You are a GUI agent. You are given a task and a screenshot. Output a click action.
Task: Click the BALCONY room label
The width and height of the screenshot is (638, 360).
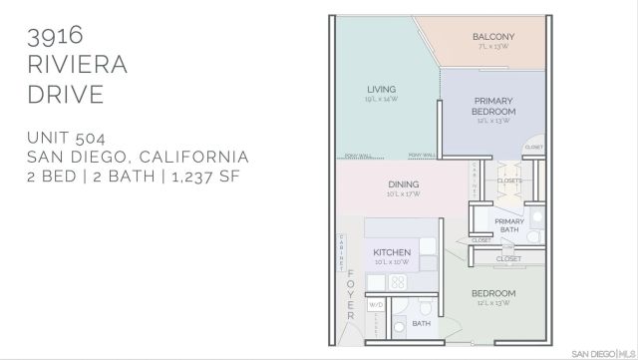[492, 37]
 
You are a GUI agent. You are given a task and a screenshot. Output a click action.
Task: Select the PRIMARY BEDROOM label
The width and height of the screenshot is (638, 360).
[493, 106]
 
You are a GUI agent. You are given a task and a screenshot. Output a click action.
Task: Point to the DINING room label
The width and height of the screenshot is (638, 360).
[404, 183]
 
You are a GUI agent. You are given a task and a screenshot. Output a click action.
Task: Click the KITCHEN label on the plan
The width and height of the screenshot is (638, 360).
[391, 252]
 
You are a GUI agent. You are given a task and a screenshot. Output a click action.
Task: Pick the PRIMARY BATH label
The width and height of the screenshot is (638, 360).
[509, 224]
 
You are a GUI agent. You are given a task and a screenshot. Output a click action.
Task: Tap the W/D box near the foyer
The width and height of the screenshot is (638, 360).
[377, 304]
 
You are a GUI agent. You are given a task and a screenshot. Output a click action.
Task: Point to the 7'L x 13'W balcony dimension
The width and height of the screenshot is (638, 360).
[492, 47]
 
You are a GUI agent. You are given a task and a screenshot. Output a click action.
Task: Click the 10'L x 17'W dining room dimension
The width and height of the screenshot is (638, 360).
[404, 193]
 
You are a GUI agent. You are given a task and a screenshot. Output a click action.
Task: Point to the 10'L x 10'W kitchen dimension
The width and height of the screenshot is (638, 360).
[391, 262]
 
